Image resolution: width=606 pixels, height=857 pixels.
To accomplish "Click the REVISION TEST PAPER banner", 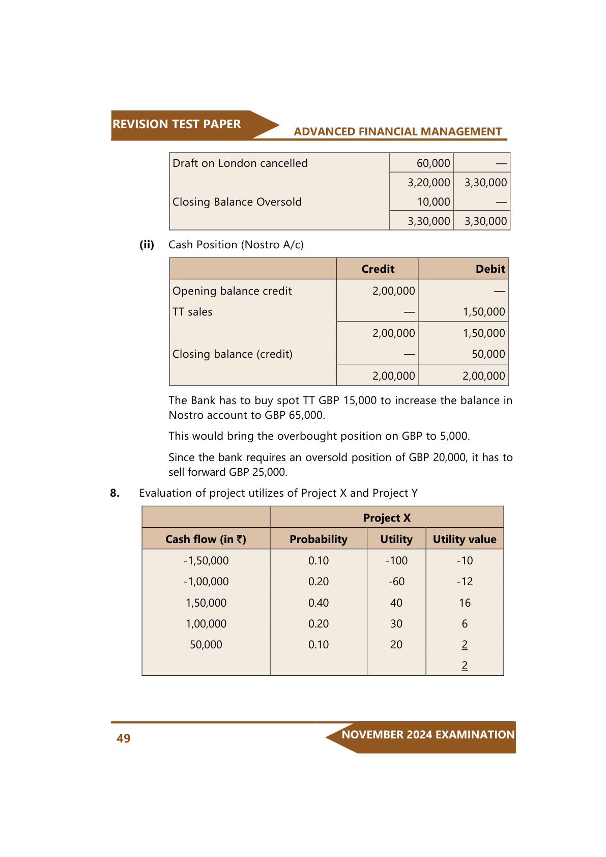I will [177, 124].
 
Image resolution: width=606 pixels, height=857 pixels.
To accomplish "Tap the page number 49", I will [124, 738].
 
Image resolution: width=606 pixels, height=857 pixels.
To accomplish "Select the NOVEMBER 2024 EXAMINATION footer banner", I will [427, 735].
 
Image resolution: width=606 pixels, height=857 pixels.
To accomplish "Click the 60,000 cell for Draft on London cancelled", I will [433, 163].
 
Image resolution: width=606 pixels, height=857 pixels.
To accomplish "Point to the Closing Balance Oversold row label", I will [237, 202].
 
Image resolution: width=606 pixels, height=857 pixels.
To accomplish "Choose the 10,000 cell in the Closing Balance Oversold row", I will [434, 202].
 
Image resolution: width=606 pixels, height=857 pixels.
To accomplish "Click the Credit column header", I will [378, 269].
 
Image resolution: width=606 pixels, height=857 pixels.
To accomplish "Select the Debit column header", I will [490, 269].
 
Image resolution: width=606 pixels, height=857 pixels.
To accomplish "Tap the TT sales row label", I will [192, 312].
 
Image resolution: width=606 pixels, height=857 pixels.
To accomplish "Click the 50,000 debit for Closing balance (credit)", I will [488, 354].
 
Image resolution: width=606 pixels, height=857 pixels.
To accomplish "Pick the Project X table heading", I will [387, 518].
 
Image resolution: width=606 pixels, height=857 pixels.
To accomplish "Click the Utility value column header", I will [465, 539].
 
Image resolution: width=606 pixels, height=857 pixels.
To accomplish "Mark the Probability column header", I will [319, 539].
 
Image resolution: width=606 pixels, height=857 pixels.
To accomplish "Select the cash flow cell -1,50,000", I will [206, 561].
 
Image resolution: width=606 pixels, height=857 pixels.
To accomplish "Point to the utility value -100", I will [396, 561].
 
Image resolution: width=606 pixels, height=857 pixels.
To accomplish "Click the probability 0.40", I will [319, 603].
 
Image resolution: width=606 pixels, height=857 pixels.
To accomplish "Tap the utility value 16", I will [465, 603].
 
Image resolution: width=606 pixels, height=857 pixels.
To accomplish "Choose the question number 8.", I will [115, 493].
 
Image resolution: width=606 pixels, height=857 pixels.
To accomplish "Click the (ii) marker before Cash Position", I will [147, 245].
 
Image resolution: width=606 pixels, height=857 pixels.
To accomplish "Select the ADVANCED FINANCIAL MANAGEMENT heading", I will [397, 132].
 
